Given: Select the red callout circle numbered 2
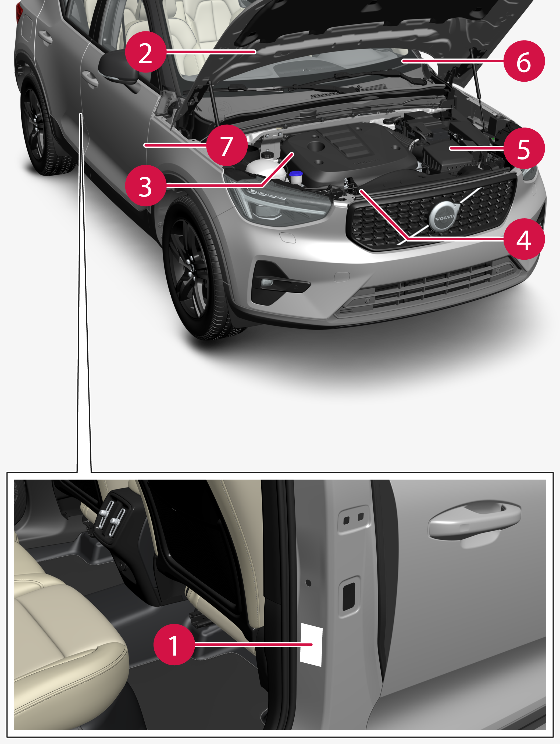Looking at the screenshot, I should tap(145, 52).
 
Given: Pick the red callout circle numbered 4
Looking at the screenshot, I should tap(524, 239).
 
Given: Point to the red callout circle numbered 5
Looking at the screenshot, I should tap(524, 148).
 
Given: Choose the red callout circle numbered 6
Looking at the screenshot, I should tap(524, 61).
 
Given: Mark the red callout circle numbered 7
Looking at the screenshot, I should tap(227, 145).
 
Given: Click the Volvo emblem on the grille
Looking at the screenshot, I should tap(444, 217).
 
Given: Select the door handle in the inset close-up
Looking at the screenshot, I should tap(474, 520).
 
